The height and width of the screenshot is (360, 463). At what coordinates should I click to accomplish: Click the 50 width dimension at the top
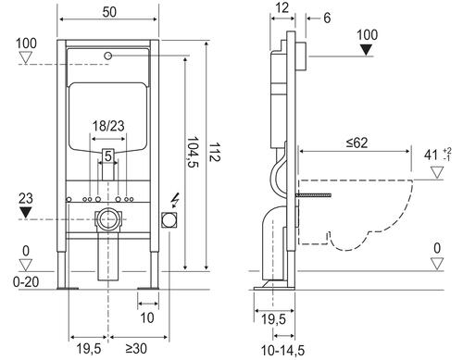pos(109,12)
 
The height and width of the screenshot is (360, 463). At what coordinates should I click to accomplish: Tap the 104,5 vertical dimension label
pos(193,152)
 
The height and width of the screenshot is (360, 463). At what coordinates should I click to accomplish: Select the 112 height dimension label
pos(214,152)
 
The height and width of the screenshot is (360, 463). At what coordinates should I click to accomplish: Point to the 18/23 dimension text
pos(108,126)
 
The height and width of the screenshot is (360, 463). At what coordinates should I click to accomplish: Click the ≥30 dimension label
pos(136,349)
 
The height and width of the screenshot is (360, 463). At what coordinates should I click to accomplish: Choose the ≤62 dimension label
pos(357,143)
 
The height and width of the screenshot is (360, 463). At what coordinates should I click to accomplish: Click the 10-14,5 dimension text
pos(282,351)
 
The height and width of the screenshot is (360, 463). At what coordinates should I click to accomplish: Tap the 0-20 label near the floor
pos(26,281)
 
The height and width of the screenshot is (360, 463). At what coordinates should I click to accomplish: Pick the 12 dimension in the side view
pos(282,7)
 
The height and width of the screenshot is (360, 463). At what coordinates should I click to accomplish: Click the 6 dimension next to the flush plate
pos(327,18)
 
